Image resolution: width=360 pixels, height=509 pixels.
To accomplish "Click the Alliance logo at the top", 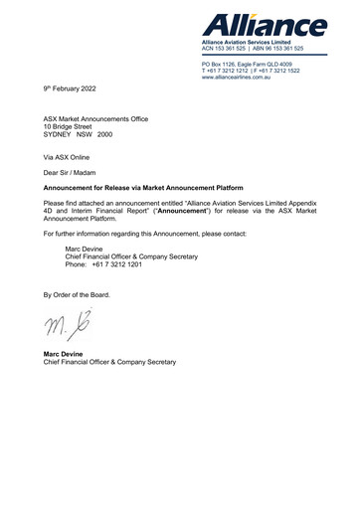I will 263,23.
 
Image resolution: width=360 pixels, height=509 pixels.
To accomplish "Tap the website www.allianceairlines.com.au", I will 244,78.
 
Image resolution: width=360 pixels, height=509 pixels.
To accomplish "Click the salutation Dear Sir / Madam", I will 75,172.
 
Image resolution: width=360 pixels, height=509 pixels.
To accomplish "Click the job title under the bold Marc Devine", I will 108,362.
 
